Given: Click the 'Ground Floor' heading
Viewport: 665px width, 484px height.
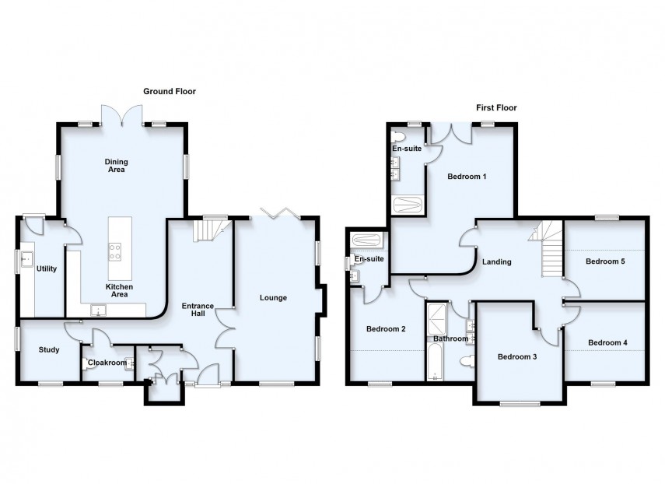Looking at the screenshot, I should (x=169, y=91).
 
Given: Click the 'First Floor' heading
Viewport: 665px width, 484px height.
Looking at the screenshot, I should (x=496, y=108).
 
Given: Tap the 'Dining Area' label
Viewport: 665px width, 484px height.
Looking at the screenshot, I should (x=116, y=166).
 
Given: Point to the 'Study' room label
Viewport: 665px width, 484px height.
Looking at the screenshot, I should (x=49, y=349).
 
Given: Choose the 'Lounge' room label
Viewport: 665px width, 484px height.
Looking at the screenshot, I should (x=273, y=297).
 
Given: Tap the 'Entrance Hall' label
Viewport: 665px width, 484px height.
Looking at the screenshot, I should (x=198, y=310).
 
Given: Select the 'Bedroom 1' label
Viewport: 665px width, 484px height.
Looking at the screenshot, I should (x=467, y=177).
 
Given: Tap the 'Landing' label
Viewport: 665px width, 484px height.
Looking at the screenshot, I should (x=496, y=262).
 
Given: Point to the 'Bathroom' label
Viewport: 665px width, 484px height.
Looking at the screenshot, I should (x=450, y=339).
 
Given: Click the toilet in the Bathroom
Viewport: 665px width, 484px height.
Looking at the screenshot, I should (x=465, y=360).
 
